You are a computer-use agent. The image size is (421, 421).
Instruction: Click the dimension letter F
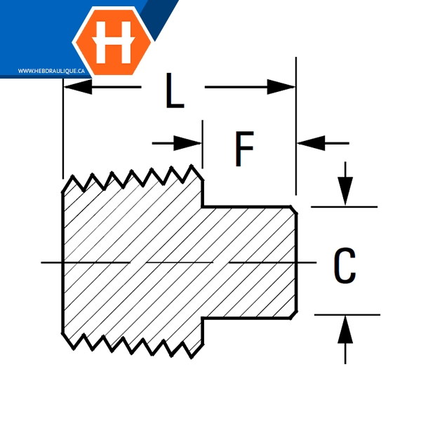pos(243,149)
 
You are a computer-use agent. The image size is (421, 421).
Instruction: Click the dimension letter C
pos(344,266)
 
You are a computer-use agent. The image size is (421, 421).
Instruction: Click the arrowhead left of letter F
pos(191,143)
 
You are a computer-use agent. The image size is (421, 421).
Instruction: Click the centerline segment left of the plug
pos(51,262)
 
